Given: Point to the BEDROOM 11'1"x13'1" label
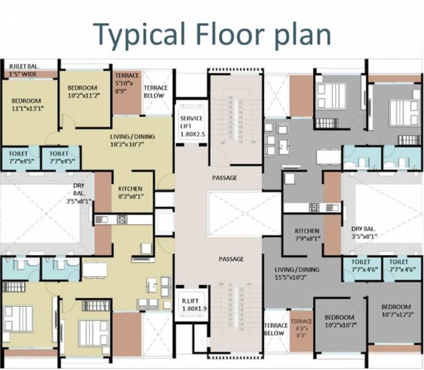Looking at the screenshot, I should point(26,105).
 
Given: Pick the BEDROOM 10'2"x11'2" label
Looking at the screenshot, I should point(82,92).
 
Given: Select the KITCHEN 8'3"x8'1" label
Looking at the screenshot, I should point(130,192).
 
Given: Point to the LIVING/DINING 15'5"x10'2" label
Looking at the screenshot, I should point(296,273).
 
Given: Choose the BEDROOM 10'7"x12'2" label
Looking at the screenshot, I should point(396,311).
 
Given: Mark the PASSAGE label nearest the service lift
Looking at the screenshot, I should point(224,178).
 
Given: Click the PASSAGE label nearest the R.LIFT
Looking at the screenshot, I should point(231,259).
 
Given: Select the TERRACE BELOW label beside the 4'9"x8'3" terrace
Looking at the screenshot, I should point(276,330).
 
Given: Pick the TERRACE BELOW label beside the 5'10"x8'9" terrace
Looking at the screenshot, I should point(155,92).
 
